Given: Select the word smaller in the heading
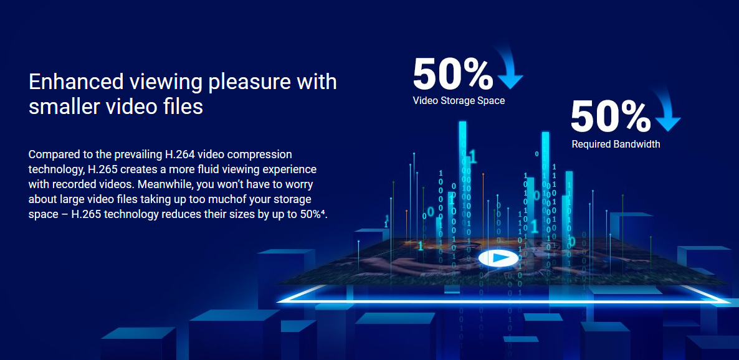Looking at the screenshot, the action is [62, 107].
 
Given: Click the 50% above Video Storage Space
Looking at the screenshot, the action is [453, 74].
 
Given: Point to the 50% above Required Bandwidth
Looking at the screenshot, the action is [611, 116].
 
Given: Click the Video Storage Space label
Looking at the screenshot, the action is [459, 100].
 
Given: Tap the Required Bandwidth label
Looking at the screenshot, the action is [616, 144].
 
